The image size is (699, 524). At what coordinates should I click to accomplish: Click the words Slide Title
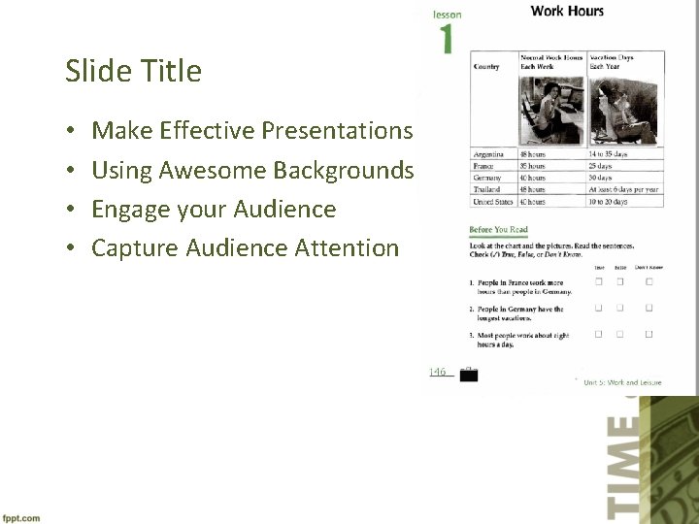(133, 71)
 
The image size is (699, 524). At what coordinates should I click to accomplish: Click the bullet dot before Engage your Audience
(72, 210)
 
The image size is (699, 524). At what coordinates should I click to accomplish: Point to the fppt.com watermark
(20, 517)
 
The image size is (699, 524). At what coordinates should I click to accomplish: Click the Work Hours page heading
(567, 12)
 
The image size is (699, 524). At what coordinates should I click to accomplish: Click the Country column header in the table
(486, 67)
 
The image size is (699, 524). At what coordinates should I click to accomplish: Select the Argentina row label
(488, 154)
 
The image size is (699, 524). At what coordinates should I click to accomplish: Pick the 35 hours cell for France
(533, 166)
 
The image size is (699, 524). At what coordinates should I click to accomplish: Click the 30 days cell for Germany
(599, 178)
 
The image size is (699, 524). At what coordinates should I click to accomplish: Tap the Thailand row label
(486, 189)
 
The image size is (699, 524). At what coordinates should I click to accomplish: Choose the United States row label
(492, 201)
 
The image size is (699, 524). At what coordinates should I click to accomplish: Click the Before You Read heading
(498, 230)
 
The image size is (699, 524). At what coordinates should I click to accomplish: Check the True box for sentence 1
(599, 281)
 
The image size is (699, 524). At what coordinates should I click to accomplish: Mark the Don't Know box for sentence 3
(649, 335)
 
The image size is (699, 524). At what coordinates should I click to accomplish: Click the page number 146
(438, 372)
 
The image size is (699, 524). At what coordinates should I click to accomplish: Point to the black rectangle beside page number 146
(468, 376)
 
